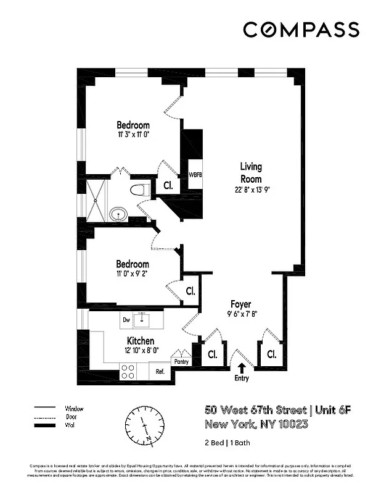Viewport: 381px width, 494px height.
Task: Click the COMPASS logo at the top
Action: (301, 30)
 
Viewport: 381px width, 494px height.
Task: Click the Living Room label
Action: (251, 172)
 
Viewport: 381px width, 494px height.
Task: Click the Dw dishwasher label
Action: (126, 320)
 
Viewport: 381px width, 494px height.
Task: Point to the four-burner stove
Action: (128, 371)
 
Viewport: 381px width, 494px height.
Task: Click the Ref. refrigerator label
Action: (159, 372)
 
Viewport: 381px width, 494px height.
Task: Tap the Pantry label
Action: (181, 362)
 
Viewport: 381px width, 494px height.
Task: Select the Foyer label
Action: (240, 304)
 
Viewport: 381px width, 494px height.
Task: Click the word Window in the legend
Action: (74, 409)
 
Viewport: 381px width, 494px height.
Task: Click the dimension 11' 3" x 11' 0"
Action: (133, 134)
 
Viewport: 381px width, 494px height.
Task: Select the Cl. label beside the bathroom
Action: (168, 185)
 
